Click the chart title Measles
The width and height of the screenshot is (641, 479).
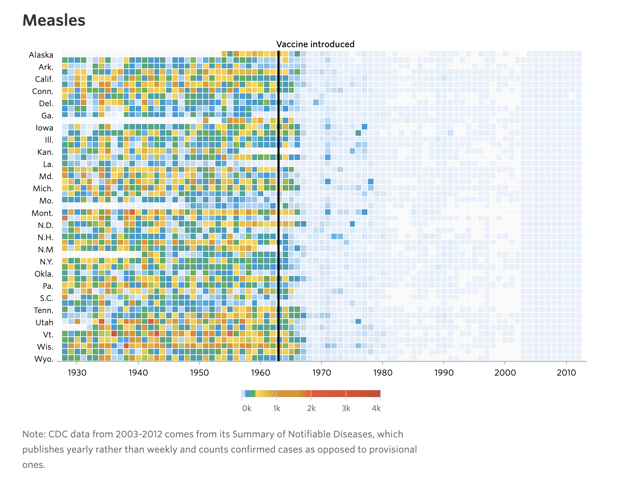pyautogui.click(x=54, y=20)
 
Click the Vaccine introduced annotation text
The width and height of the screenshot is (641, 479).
pyautogui.click(x=315, y=44)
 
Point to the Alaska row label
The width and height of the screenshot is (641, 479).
pyautogui.click(x=41, y=55)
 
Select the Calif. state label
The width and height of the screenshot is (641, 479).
pyautogui.click(x=44, y=79)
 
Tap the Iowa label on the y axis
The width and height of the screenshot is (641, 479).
pyautogui.click(x=44, y=128)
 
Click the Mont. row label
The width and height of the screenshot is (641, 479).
pyautogui.click(x=42, y=213)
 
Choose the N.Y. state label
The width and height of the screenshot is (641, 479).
pyautogui.click(x=46, y=262)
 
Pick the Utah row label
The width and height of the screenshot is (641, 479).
pyautogui.click(x=44, y=323)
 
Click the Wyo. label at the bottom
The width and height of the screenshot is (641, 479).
pyautogui.click(x=44, y=359)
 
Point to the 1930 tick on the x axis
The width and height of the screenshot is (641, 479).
pyautogui.click(x=77, y=373)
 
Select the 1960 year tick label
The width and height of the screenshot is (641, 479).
pyautogui.click(x=260, y=373)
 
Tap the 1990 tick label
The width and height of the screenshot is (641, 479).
pyautogui.click(x=444, y=373)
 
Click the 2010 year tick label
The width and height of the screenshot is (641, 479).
pyautogui.click(x=566, y=373)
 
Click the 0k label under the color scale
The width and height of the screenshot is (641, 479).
pyautogui.click(x=247, y=409)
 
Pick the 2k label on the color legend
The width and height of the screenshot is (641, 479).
pyautogui.click(x=311, y=409)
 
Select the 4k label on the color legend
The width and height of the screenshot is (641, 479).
pyautogui.click(x=376, y=409)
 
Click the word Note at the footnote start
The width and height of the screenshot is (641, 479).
pyautogui.click(x=33, y=435)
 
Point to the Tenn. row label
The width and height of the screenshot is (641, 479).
pyautogui.click(x=43, y=311)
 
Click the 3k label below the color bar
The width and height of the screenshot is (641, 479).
pyautogui.click(x=346, y=409)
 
